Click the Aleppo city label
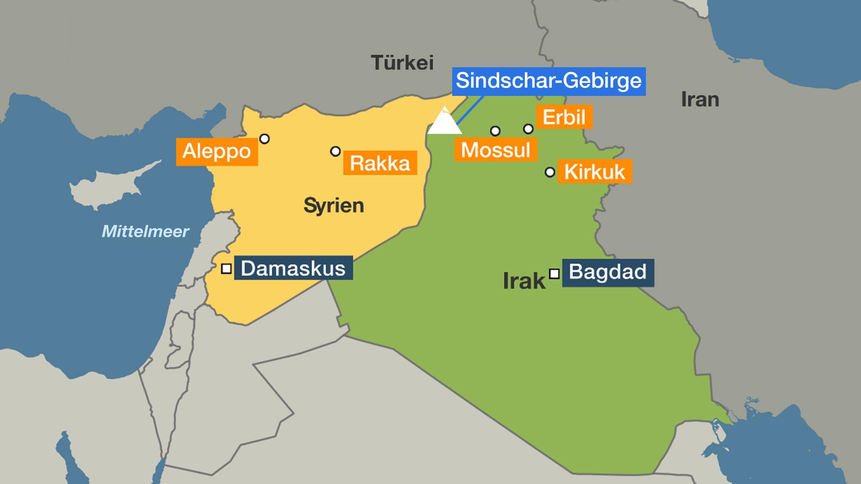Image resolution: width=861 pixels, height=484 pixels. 217,151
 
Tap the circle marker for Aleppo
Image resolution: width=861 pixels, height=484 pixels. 265,139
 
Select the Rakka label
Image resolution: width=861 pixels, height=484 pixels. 380,163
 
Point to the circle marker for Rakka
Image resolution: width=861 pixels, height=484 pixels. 335,151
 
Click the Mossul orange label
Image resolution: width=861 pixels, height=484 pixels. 496,149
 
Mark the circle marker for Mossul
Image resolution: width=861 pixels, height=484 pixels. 495,131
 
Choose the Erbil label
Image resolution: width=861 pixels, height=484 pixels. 564,117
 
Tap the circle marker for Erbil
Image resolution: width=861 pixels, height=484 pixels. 528,129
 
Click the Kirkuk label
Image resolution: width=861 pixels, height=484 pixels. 595,172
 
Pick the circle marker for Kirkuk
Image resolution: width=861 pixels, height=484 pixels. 550,172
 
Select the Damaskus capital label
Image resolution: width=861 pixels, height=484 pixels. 293,268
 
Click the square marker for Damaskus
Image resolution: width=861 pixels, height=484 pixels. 226,269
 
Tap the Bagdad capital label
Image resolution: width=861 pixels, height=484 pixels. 608,272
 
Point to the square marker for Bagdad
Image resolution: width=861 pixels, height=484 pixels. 554,273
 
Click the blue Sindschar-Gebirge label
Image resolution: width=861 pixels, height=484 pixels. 548,81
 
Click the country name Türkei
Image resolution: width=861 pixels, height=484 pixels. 402,63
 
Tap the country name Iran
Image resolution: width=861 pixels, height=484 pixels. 700,99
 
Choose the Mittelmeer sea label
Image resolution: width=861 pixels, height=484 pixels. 145,231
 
